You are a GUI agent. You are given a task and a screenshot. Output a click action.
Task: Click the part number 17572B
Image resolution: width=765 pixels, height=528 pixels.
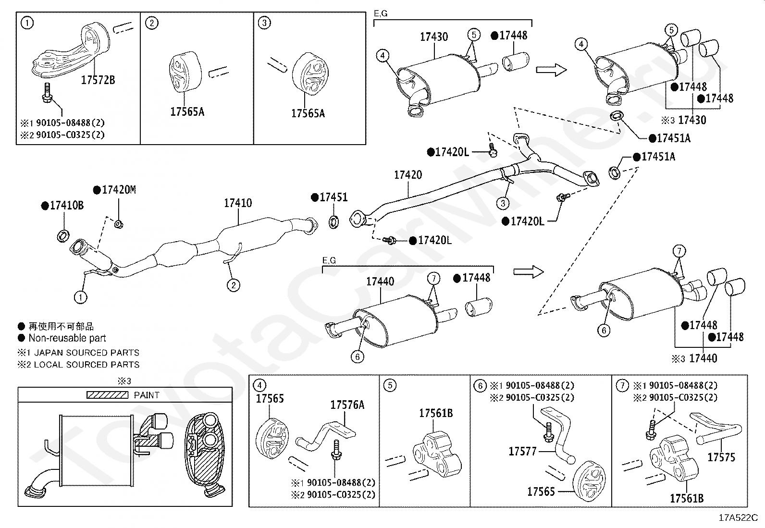pyautogui.click(x=98, y=80)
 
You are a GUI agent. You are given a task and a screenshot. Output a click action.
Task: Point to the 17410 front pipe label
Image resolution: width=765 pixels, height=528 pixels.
pyautogui.click(x=237, y=203)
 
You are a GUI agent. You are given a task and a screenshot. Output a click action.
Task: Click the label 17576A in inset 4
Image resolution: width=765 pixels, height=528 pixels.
pyautogui.click(x=347, y=405)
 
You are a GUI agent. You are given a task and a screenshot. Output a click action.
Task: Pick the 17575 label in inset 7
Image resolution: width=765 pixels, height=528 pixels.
pyautogui.click(x=721, y=457)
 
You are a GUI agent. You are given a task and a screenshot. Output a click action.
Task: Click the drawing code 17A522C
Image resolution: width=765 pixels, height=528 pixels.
pyautogui.click(x=738, y=518)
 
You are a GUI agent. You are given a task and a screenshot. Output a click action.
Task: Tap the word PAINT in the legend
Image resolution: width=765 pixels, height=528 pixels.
pyautogui.click(x=147, y=395)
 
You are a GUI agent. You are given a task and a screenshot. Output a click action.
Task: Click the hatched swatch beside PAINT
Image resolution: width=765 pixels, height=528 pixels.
pyautogui.click(x=107, y=395)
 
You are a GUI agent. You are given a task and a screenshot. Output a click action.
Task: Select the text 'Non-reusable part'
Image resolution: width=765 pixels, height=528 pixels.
pyautogui.click(x=67, y=338)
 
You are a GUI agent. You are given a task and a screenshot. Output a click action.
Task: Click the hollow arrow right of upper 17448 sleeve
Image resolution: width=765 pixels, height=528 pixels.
pyautogui.click(x=551, y=71)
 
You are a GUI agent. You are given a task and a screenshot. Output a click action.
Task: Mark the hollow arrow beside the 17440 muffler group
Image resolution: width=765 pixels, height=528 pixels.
pyautogui.click(x=529, y=272)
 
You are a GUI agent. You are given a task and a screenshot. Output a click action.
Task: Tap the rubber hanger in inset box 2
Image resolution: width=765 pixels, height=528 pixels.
pyautogui.click(x=179, y=71)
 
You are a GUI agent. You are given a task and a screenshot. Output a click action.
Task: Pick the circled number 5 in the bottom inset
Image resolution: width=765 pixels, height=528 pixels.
pyautogui.click(x=390, y=385)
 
